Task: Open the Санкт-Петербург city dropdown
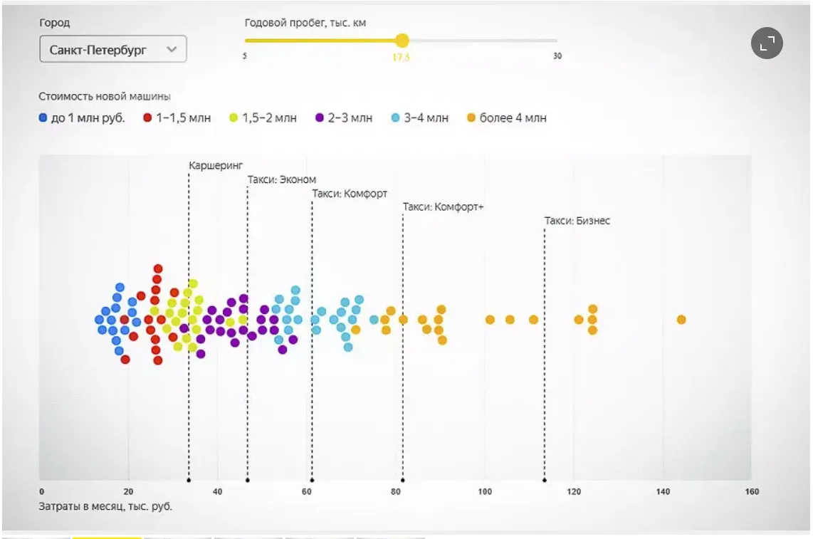pos(113,50)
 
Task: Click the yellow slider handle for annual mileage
pos(402,41)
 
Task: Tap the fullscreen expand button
pos(767,44)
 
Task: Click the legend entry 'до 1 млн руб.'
pos(82,118)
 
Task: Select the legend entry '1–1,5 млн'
pos(177,118)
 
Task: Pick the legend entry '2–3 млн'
pos(344,118)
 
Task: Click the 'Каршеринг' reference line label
pos(216,165)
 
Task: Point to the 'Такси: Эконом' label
pos(282,179)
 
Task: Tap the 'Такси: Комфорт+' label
pos(443,207)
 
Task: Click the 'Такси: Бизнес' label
pos(577,221)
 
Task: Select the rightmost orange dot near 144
pos(681,320)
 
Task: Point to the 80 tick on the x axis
pos(395,491)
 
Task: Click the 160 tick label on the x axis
pos(752,491)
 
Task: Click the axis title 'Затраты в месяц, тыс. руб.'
pos(105,507)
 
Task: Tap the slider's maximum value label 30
pos(557,56)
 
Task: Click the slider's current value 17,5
pos(402,58)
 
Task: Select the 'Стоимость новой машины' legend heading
pos(105,96)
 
